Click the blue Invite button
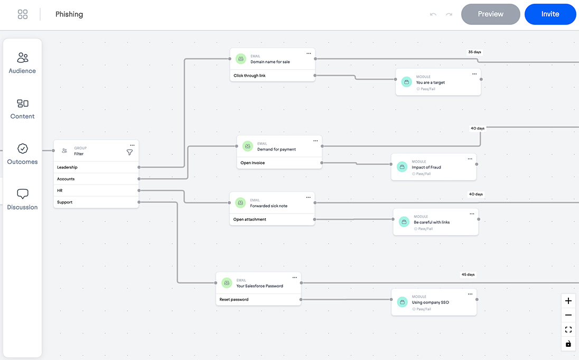point(550,14)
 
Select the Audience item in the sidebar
point(22,63)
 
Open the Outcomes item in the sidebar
point(22,154)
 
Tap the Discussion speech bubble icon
point(23,193)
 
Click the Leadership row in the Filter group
point(96,167)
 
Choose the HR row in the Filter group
point(96,190)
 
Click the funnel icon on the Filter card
point(129,152)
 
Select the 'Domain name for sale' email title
point(270,62)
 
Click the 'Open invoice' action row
point(279,163)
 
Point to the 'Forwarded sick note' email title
point(268,206)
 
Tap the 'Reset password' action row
point(258,299)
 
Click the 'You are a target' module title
point(430,82)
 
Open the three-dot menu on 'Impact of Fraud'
point(470,159)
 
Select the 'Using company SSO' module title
point(430,302)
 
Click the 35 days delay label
point(474,52)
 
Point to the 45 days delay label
point(468,274)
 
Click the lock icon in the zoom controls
point(568,344)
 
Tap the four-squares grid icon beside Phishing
point(23,14)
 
